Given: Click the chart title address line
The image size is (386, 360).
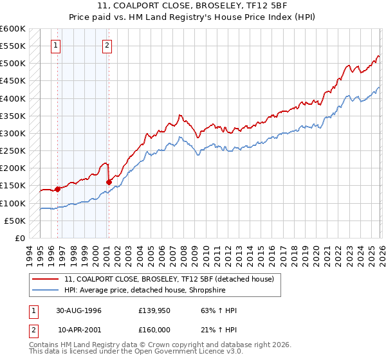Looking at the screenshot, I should pos(193,6).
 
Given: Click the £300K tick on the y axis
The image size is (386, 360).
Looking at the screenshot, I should pos(13,134).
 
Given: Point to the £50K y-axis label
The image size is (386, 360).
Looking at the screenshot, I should pos(15,221).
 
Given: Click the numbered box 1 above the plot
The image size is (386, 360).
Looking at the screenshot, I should pos(57,45).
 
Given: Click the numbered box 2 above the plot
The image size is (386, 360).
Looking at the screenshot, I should pos(106,45).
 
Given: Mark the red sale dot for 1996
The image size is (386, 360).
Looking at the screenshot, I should pos(57,189).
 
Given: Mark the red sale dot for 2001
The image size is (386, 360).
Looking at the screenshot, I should pos(109,182).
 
